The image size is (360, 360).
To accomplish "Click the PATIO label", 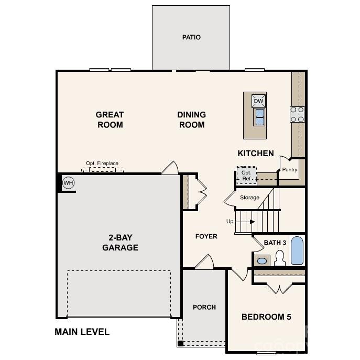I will tap(191, 37).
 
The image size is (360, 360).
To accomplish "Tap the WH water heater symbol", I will tap(68, 183).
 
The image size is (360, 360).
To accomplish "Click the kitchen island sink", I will tap(259, 117).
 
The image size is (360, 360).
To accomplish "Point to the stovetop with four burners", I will tap(297, 114).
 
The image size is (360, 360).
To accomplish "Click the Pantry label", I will tap(290, 170).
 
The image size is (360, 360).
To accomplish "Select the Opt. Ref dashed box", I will tap(246, 175).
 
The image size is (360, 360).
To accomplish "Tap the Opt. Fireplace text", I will tap(102, 163).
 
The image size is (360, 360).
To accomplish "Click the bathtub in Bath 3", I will tap(297, 251).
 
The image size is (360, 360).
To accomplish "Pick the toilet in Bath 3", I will tap(280, 258).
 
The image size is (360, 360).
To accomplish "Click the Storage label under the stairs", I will tap(249, 198).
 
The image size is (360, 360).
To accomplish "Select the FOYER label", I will tap(206, 236).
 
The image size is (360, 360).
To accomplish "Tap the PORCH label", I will tap(204, 307).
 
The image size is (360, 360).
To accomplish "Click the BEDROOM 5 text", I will tap(266, 317).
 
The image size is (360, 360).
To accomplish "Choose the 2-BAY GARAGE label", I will tap(120, 243).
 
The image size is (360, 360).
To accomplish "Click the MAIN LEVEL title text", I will tap(82, 332).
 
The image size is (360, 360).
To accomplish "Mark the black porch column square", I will tap(180, 344).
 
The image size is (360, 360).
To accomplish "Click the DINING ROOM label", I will tap(191, 119).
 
